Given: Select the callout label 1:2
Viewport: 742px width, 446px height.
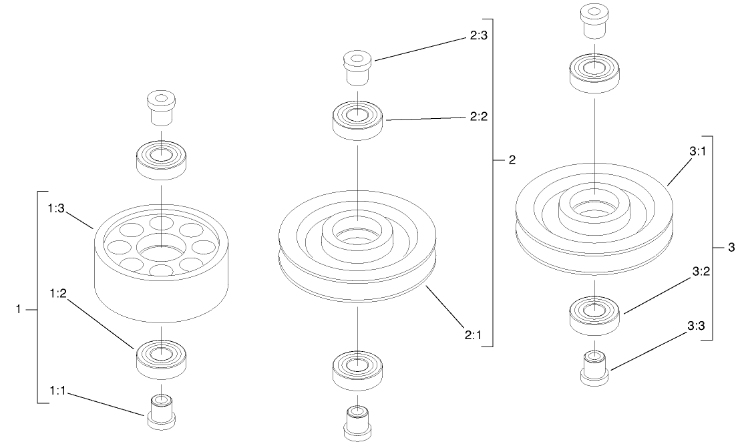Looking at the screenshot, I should pyautogui.click(x=57, y=294).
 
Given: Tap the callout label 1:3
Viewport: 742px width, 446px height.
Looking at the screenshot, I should pyautogui.click(x=57, y=209).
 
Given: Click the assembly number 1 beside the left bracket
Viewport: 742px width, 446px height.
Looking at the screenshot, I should pyautogui.click(x=20, y=309).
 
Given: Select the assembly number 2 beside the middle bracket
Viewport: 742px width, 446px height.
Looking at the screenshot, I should pyautogui.click(x=512, y=160).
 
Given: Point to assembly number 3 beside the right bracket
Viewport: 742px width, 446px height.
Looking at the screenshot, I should pyautogui.click(x=731, y=248).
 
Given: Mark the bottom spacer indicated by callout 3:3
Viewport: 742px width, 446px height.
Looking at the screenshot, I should pyautogui.click(x=594, y=367).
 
